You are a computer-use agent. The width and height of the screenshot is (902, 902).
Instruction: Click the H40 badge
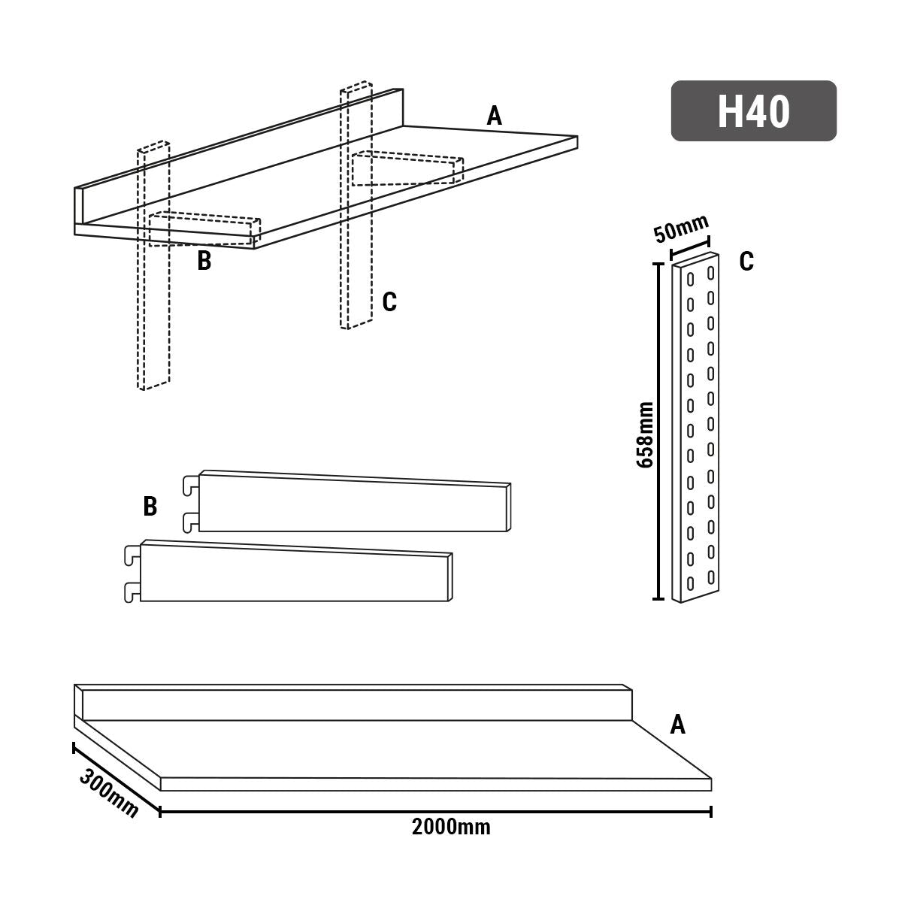tap(753, 111)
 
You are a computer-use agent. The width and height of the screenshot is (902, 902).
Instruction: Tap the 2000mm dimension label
tap(451, 828)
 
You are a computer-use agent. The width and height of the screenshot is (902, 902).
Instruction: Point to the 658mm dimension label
tap(644, 434)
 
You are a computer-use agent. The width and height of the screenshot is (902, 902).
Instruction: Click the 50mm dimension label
tap(680, 229)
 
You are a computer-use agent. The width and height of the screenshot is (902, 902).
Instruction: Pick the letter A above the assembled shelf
tap(494, 117)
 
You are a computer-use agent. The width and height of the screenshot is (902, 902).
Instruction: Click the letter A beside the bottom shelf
tap(677, 725)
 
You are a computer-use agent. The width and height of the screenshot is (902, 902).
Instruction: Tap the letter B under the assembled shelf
tap(204, 262)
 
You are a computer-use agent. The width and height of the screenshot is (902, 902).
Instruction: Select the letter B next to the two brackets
tap(150, 507)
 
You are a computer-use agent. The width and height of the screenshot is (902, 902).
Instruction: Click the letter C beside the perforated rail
tap(746, 262)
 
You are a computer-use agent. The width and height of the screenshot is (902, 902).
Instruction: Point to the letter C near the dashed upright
tap(389, 302)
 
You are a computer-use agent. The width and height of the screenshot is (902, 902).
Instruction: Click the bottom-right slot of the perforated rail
tap(710, 577)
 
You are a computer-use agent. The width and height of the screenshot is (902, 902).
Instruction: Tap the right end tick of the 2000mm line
tap(710, 811)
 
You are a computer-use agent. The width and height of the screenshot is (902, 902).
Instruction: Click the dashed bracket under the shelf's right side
tap(406, 171)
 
